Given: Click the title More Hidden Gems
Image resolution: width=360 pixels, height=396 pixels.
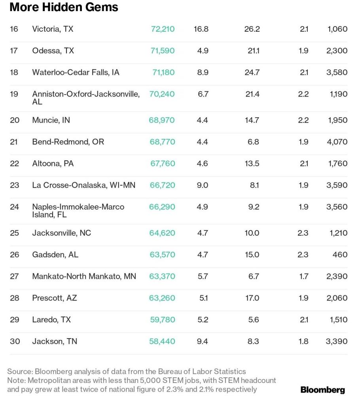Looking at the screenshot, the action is tap(64, 7).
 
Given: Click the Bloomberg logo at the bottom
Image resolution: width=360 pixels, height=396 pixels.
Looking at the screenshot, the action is tap(323, 390).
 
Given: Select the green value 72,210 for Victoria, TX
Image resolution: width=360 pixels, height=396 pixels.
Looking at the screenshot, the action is tap(163, 29).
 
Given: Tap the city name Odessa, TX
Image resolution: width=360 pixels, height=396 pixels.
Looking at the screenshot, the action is tap(53, 51).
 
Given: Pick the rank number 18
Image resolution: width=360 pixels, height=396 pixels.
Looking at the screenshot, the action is tap(14, 72).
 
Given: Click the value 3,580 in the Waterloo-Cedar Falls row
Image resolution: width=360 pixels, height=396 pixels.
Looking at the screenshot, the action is tap(337, 72).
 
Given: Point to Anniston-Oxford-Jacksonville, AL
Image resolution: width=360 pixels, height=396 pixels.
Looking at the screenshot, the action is tap(86, 98).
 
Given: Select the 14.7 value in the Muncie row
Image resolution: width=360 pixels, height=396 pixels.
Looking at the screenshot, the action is tap(252, 120).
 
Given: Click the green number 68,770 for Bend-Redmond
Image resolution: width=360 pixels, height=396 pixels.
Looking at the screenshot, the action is tap(162, 142).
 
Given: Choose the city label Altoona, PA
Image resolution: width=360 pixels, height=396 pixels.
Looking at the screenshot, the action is tap(53, 164).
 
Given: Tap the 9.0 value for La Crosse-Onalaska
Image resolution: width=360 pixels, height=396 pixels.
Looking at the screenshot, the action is tap(202, 185).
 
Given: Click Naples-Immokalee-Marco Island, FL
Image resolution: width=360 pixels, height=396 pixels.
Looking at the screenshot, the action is tap(78, 211).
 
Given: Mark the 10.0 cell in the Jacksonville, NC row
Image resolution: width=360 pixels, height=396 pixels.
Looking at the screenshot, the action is tap(252, 233).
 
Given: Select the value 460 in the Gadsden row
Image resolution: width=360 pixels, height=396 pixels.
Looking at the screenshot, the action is tap(340, 255).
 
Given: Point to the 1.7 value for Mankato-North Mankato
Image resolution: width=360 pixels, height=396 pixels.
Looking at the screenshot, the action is tap(303, 276).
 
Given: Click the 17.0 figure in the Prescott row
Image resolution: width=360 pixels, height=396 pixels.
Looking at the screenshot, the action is tap(252, 298).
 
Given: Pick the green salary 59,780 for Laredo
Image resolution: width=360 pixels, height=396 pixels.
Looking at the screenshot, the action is tap(163, 320).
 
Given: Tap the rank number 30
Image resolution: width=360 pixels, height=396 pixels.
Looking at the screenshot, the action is tap(15, 341).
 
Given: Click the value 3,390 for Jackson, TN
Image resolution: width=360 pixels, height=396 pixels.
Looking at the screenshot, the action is tap(337, 341).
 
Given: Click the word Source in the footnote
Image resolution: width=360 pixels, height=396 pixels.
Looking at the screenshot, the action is tap(20, 371).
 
